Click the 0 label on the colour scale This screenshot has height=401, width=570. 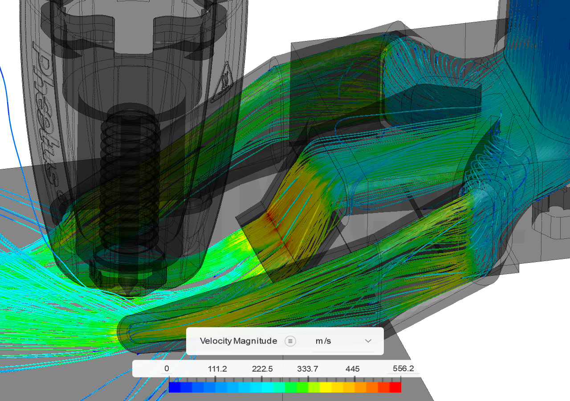pyautogui.click(x=167, y=368)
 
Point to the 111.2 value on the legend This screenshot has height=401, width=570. pyautogui.click(x=217, y=368)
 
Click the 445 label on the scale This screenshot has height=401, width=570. pyautogui.click(x=352, y=368)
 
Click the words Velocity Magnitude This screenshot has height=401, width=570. pyautogui.click(x=238, y=341)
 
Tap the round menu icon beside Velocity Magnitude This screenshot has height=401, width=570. pyautogui.click(x=290, y=341)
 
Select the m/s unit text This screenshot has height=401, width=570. pyautogui.click(x=323, y=341)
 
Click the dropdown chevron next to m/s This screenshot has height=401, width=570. pyautogui.click(x=368, y=341)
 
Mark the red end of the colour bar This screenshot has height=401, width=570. pyautogui.click(x=395, y=387)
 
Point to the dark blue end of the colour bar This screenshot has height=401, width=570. pyautogui.click(x=175, y=387)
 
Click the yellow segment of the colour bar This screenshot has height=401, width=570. pyautogui.click(x=326, y=387)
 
